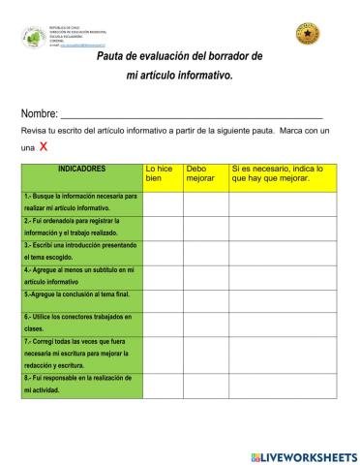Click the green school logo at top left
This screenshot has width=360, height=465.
(x=33, y=37)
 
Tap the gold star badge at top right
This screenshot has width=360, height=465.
(x=307, y=36)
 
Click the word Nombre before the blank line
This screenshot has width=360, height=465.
(x=39, y=113)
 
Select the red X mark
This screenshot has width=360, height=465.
(x=44, y=147)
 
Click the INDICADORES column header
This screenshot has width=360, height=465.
(x=82, y=169)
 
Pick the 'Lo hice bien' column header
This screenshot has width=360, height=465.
(x=162, y=173)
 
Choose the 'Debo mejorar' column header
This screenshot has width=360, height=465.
(x=203, y=173)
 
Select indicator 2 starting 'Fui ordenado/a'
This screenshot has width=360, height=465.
(x=82, y=227)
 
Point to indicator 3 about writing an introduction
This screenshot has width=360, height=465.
(x=82, y=252)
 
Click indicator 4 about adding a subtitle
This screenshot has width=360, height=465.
(x=82, y=276)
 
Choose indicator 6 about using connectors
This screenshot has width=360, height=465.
(x=82, y=323)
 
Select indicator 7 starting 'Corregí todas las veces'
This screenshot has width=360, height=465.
(x=82, y=355)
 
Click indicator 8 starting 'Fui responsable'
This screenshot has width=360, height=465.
(x=82, y=385)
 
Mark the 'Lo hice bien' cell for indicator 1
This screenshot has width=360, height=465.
(x=163, y=202)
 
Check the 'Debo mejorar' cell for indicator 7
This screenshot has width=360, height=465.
(x=204, y=355)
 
